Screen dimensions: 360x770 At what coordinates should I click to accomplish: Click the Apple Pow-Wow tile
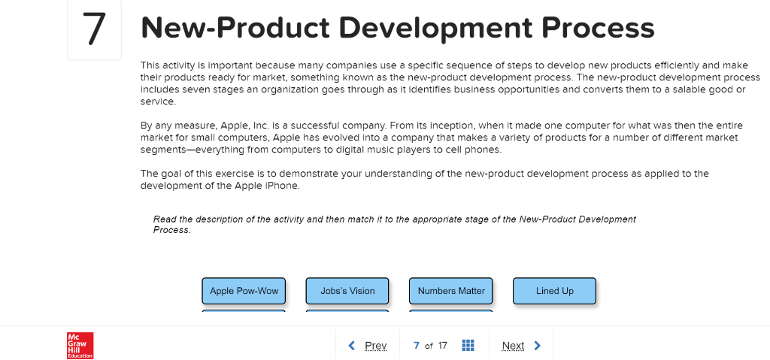[244, 291]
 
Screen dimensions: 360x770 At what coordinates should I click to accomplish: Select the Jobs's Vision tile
[347, 291]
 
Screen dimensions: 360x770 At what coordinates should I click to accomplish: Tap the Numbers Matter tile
[451, 291]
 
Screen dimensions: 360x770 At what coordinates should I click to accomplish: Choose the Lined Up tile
[554, 291]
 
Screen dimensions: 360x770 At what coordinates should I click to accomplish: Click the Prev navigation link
[375, 346]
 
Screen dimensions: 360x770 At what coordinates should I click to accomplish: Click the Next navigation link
[513, 346]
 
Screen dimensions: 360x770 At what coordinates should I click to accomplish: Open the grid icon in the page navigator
[468, 346]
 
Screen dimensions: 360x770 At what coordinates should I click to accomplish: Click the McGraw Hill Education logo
[80, 345]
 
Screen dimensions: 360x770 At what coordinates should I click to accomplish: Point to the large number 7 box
[94, 29]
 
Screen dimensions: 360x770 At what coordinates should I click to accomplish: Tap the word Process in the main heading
[598, 29]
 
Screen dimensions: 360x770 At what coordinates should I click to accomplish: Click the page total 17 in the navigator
[443, 346]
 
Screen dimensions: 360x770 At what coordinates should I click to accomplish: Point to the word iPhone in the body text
[284, 186]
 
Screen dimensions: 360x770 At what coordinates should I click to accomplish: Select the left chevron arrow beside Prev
[352, 346]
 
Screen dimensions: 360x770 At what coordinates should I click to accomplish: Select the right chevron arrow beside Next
[537, 346]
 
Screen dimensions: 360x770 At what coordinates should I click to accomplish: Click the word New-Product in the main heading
[235, 29]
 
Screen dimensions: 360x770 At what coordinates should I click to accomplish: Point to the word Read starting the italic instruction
[165, 219]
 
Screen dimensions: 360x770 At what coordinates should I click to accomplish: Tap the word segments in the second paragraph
[163, 150]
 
